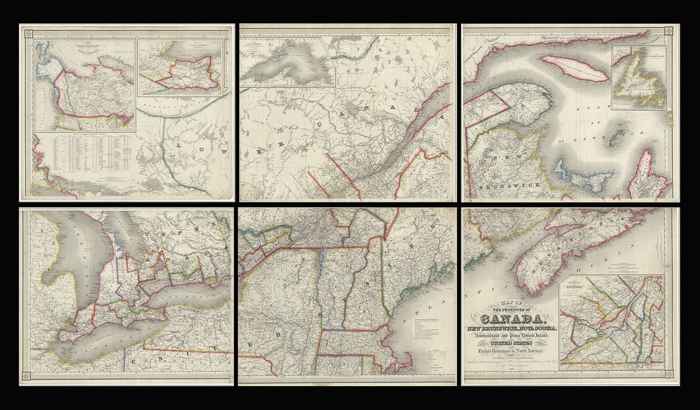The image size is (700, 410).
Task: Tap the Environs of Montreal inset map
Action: click(x=611, y=322)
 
